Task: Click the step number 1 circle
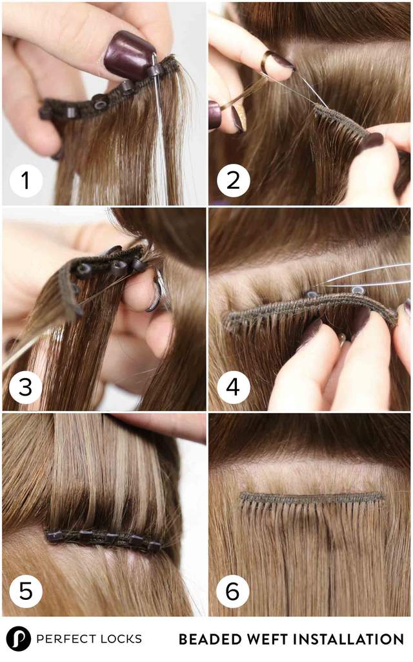click(26, 181)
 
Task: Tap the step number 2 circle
click(232, 181)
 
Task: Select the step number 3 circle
click(26, 387)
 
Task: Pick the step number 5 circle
click(26, 591)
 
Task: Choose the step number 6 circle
click(232, 591)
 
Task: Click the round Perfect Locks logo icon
click(19, 639)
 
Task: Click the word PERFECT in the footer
click(66, 639)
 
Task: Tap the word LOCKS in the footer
click(121, 639)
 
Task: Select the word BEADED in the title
click(205, 639)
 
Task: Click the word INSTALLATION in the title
click(348, 639)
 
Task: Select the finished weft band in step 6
click(312, 498)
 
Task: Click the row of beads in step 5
click(103, 538)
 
